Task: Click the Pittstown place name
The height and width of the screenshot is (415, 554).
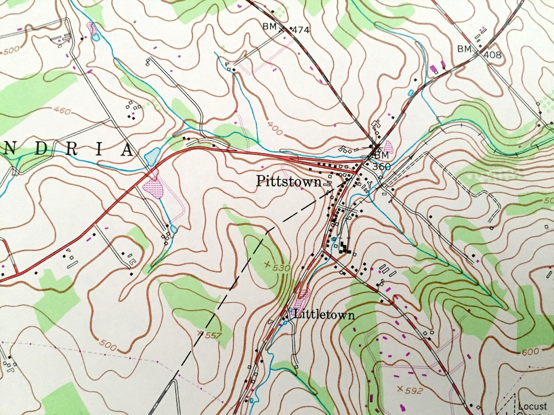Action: coord(289,182)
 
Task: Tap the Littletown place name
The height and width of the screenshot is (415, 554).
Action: coord(324,315)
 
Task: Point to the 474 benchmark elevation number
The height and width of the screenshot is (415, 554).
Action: coord(301,30)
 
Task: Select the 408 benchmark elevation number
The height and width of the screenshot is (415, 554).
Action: coord(492,55)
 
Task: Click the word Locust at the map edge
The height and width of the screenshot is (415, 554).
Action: coord(532,406)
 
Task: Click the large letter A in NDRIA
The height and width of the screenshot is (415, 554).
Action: coord(126,150)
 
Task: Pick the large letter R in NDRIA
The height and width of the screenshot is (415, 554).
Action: coord(72,149)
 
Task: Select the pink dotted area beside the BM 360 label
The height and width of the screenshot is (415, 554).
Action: coord(388,146)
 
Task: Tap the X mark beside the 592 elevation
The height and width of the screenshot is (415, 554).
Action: coord(400,388)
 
